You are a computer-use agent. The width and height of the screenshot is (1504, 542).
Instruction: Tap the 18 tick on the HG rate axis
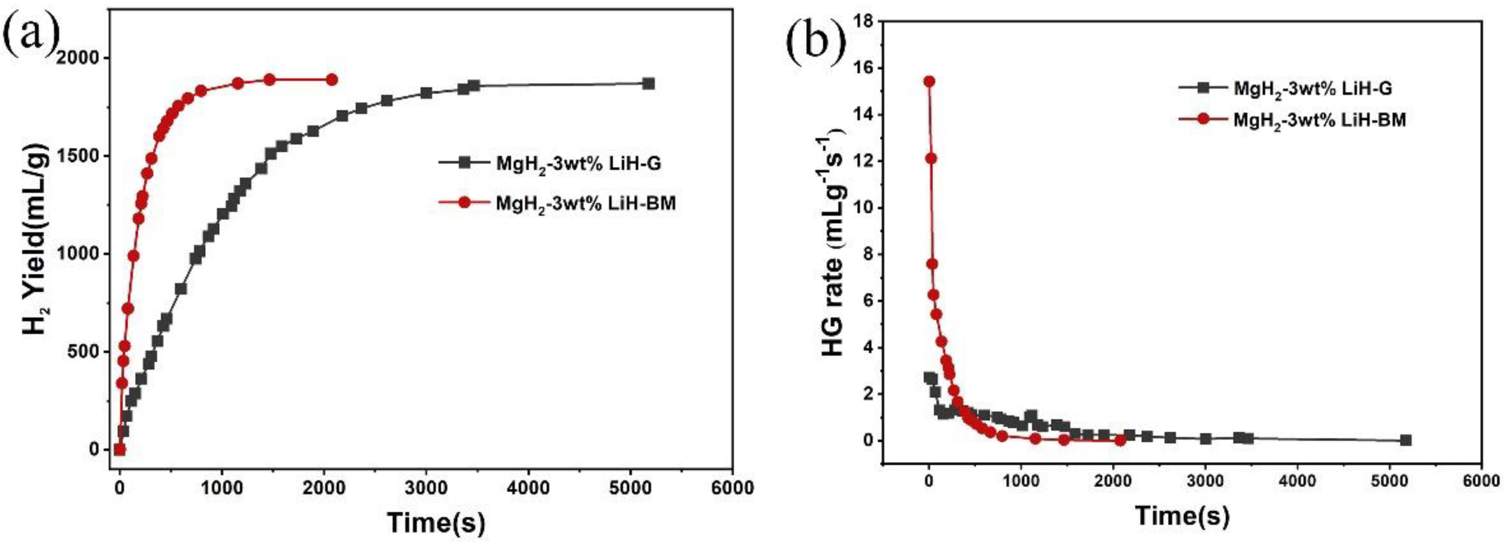tap(864, 21)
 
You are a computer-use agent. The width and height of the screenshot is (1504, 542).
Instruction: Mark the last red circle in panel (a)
tap(331, 80)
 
